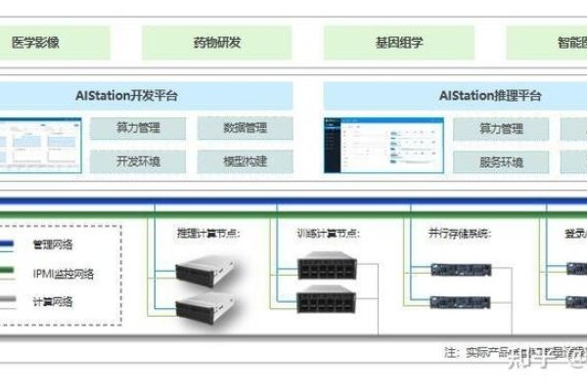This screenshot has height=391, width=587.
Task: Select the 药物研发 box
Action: pos(218,43)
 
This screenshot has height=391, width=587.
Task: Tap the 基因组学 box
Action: pos(399,43)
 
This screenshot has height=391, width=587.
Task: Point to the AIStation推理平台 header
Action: pos(489,96)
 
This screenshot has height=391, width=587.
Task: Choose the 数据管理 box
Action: pos(245,128)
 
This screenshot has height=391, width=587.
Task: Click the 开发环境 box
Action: pos(138,160)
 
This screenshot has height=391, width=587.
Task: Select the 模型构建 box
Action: pos(245,160)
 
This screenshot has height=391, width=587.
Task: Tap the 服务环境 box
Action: pos(501,160)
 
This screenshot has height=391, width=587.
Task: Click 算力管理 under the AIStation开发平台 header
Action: pos(138,128)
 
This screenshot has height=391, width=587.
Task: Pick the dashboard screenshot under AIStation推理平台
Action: pos(384,146)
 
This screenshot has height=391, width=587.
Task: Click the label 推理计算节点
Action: pos(207,234)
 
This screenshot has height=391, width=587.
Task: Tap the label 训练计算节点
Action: pos(328,234)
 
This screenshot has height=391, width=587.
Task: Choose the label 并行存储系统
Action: pos(458,234)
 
